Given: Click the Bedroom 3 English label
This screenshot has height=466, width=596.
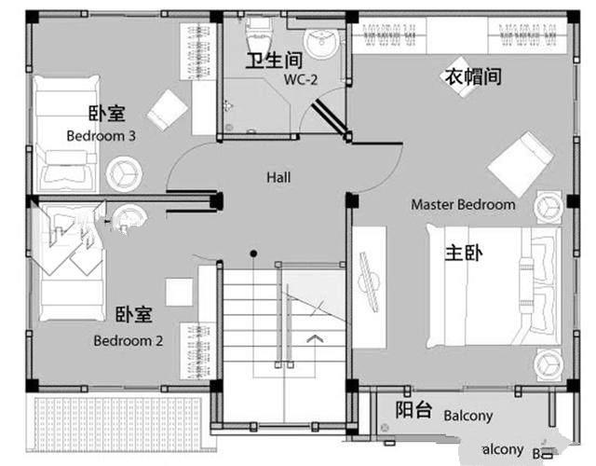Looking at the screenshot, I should tap(102, 135).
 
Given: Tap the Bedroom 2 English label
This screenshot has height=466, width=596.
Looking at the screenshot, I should tap(129, 340).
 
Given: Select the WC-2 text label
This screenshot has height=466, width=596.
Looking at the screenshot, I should tap(302, 80).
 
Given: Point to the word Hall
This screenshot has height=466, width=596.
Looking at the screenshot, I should tap(278, 176).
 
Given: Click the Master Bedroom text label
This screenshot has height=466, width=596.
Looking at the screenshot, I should tap(463, 204).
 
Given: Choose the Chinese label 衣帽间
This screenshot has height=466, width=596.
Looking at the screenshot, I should tap(470, 76).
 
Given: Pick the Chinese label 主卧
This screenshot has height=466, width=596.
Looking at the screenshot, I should tap(463, 253).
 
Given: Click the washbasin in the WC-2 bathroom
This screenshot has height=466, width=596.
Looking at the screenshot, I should tap(323, 42).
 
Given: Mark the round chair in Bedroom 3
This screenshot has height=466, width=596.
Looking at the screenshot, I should tap(123, 171).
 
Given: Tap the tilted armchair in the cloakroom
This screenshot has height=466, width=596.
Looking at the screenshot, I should tap(521, 163).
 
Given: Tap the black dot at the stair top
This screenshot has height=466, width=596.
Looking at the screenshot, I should tap(252, 253).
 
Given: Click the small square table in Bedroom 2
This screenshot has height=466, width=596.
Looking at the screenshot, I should tap(179, 293).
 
